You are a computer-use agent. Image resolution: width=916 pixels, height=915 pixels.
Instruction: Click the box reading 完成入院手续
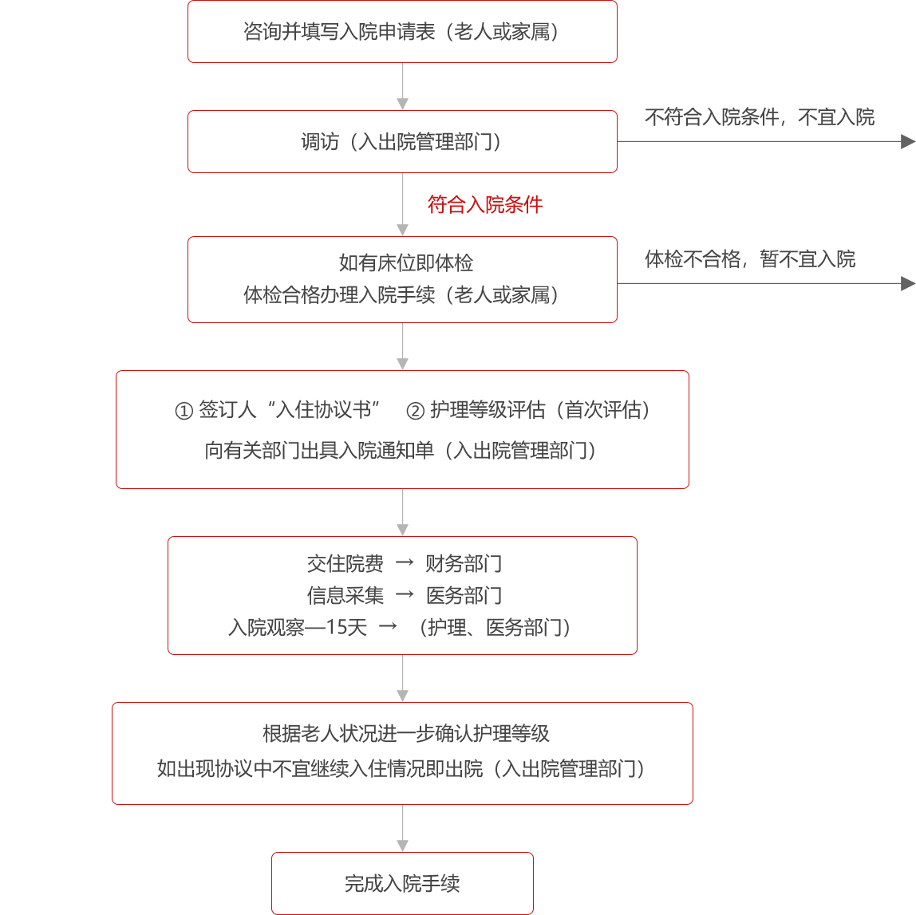[402, 883]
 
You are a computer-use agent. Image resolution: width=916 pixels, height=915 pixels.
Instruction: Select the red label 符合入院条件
[485, 204]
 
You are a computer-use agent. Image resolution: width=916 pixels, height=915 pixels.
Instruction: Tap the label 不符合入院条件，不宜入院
[760, 116]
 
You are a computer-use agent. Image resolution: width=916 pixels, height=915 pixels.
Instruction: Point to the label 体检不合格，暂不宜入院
[750, 258]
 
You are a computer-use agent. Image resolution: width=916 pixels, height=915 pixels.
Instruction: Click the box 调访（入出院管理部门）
[402, 141]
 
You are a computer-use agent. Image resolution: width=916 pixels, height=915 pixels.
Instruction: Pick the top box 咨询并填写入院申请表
[402, 32]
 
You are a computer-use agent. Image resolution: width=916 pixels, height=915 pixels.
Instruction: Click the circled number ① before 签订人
[184, 411]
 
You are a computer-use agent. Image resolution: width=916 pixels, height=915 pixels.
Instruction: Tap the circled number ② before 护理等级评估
[416, 411]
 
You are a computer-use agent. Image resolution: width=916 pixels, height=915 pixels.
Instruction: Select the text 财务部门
[464, 563]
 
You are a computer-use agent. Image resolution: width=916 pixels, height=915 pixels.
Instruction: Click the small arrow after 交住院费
[405, 563]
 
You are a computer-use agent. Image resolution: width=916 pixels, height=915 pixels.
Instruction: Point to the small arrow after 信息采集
[405, 595]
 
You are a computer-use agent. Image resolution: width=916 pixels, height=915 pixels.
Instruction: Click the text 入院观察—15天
[298, 627]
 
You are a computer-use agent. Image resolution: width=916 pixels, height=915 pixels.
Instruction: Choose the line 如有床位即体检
[406, 262]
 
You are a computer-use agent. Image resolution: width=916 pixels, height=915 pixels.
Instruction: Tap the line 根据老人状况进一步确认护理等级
[406, 733]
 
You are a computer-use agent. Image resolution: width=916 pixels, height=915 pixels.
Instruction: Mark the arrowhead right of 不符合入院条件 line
[908, 141]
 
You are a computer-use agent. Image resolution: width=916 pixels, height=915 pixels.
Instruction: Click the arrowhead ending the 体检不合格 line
[908, 284]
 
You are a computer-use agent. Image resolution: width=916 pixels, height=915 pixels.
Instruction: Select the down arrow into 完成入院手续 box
[402, 828]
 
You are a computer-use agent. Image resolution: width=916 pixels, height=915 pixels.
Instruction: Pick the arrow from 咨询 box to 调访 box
[402, 86]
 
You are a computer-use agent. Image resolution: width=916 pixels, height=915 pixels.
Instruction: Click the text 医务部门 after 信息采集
[464, 596]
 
